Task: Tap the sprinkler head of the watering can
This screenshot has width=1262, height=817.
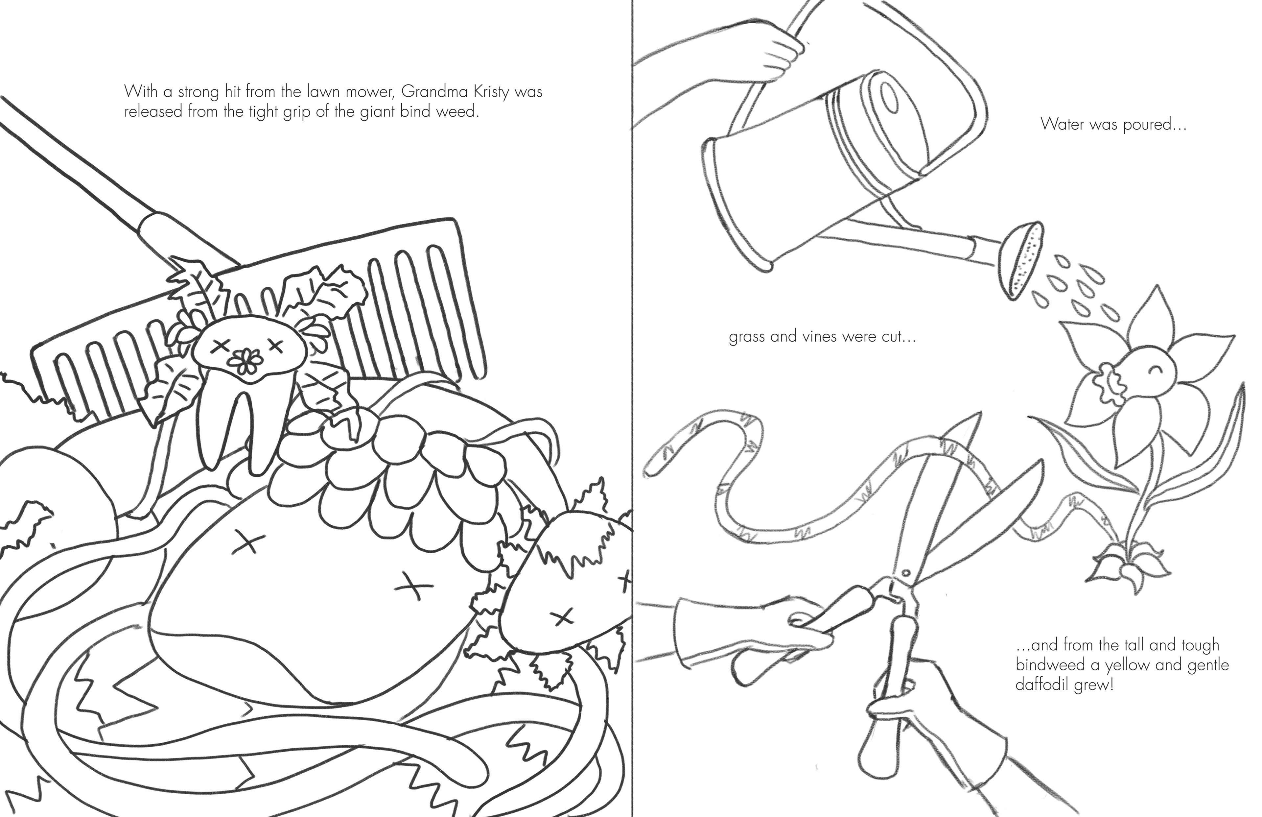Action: [1021, 259]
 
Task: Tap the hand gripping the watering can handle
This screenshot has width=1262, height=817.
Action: [775, 53]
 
